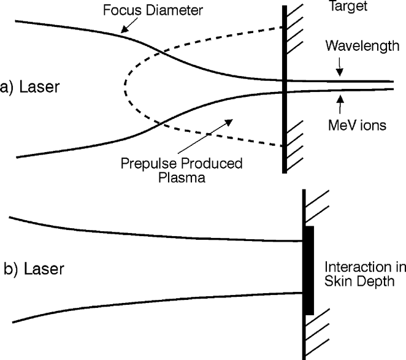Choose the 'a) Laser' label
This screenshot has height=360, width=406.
point(30,86)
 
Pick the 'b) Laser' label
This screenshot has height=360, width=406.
point(30,269)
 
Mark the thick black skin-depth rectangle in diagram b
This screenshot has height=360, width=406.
point(308,270)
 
